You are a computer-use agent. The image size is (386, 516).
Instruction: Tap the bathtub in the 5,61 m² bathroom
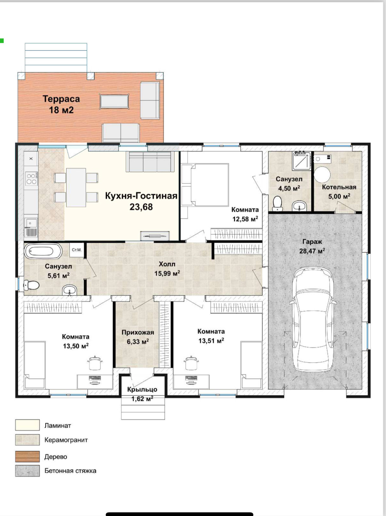point(43,251)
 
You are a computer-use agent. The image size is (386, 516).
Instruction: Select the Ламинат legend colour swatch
point(27,425)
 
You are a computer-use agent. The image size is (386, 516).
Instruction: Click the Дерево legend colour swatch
point(27,456)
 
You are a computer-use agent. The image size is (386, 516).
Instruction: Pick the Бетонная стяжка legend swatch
point(27,471)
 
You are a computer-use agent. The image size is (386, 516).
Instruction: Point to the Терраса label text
point(61,99)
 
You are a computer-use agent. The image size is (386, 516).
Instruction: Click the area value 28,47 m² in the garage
point(312,251)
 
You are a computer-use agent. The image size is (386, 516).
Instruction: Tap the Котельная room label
point(339,187)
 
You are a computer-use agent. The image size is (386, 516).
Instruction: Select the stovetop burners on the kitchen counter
point(32,179)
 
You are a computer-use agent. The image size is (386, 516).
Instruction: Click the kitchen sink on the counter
point(31,222)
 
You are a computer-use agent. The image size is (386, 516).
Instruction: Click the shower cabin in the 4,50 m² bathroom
point(301,161)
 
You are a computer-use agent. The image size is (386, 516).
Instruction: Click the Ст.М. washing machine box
point(77,250)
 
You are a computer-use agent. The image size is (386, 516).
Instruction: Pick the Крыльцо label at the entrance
point(142,390)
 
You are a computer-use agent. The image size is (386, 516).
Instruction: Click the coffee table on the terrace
point(114,101)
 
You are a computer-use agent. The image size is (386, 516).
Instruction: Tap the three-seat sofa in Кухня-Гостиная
point(150,162)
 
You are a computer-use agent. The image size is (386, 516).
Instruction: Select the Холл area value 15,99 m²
point(167,273)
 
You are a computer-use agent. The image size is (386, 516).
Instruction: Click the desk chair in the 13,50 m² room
point(95,363)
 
